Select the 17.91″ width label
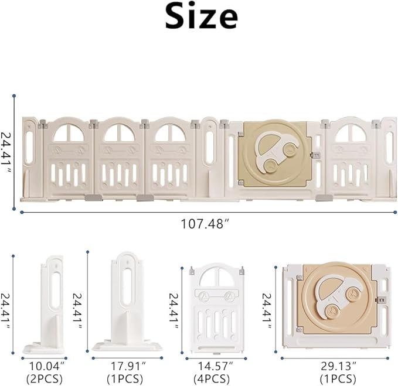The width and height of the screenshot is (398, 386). [126, 367]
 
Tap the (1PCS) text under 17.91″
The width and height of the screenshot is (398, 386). [126, 378]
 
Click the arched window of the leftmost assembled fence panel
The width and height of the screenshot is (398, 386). [68, 134]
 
